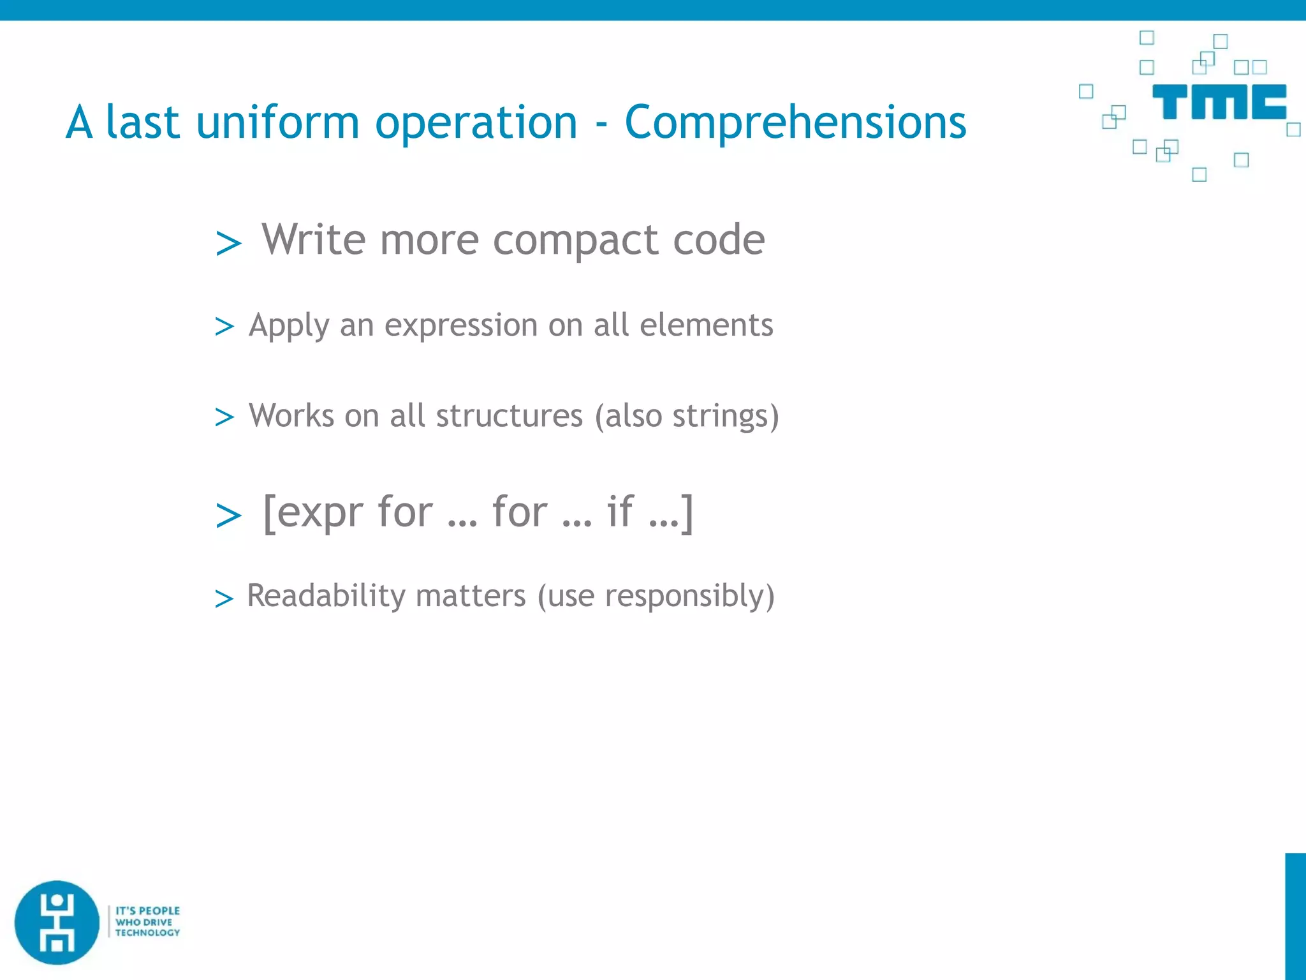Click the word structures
click(509, 415)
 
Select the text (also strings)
click(687, 416)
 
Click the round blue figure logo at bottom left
click(57, 922)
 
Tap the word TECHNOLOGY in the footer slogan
click(147, 933)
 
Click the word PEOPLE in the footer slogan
click(159, 910)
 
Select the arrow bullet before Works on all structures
click(224, 417)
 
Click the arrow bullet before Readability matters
click(224, 598)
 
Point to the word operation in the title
click(476, 122)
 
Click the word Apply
click(289, 325)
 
